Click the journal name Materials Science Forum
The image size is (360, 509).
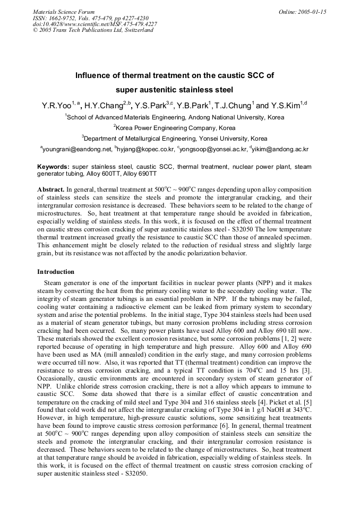[64, 12]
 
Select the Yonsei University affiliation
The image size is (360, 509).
[223, 139]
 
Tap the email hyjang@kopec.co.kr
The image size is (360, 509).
[146, 150]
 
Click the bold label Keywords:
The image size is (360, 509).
[53, 167]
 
